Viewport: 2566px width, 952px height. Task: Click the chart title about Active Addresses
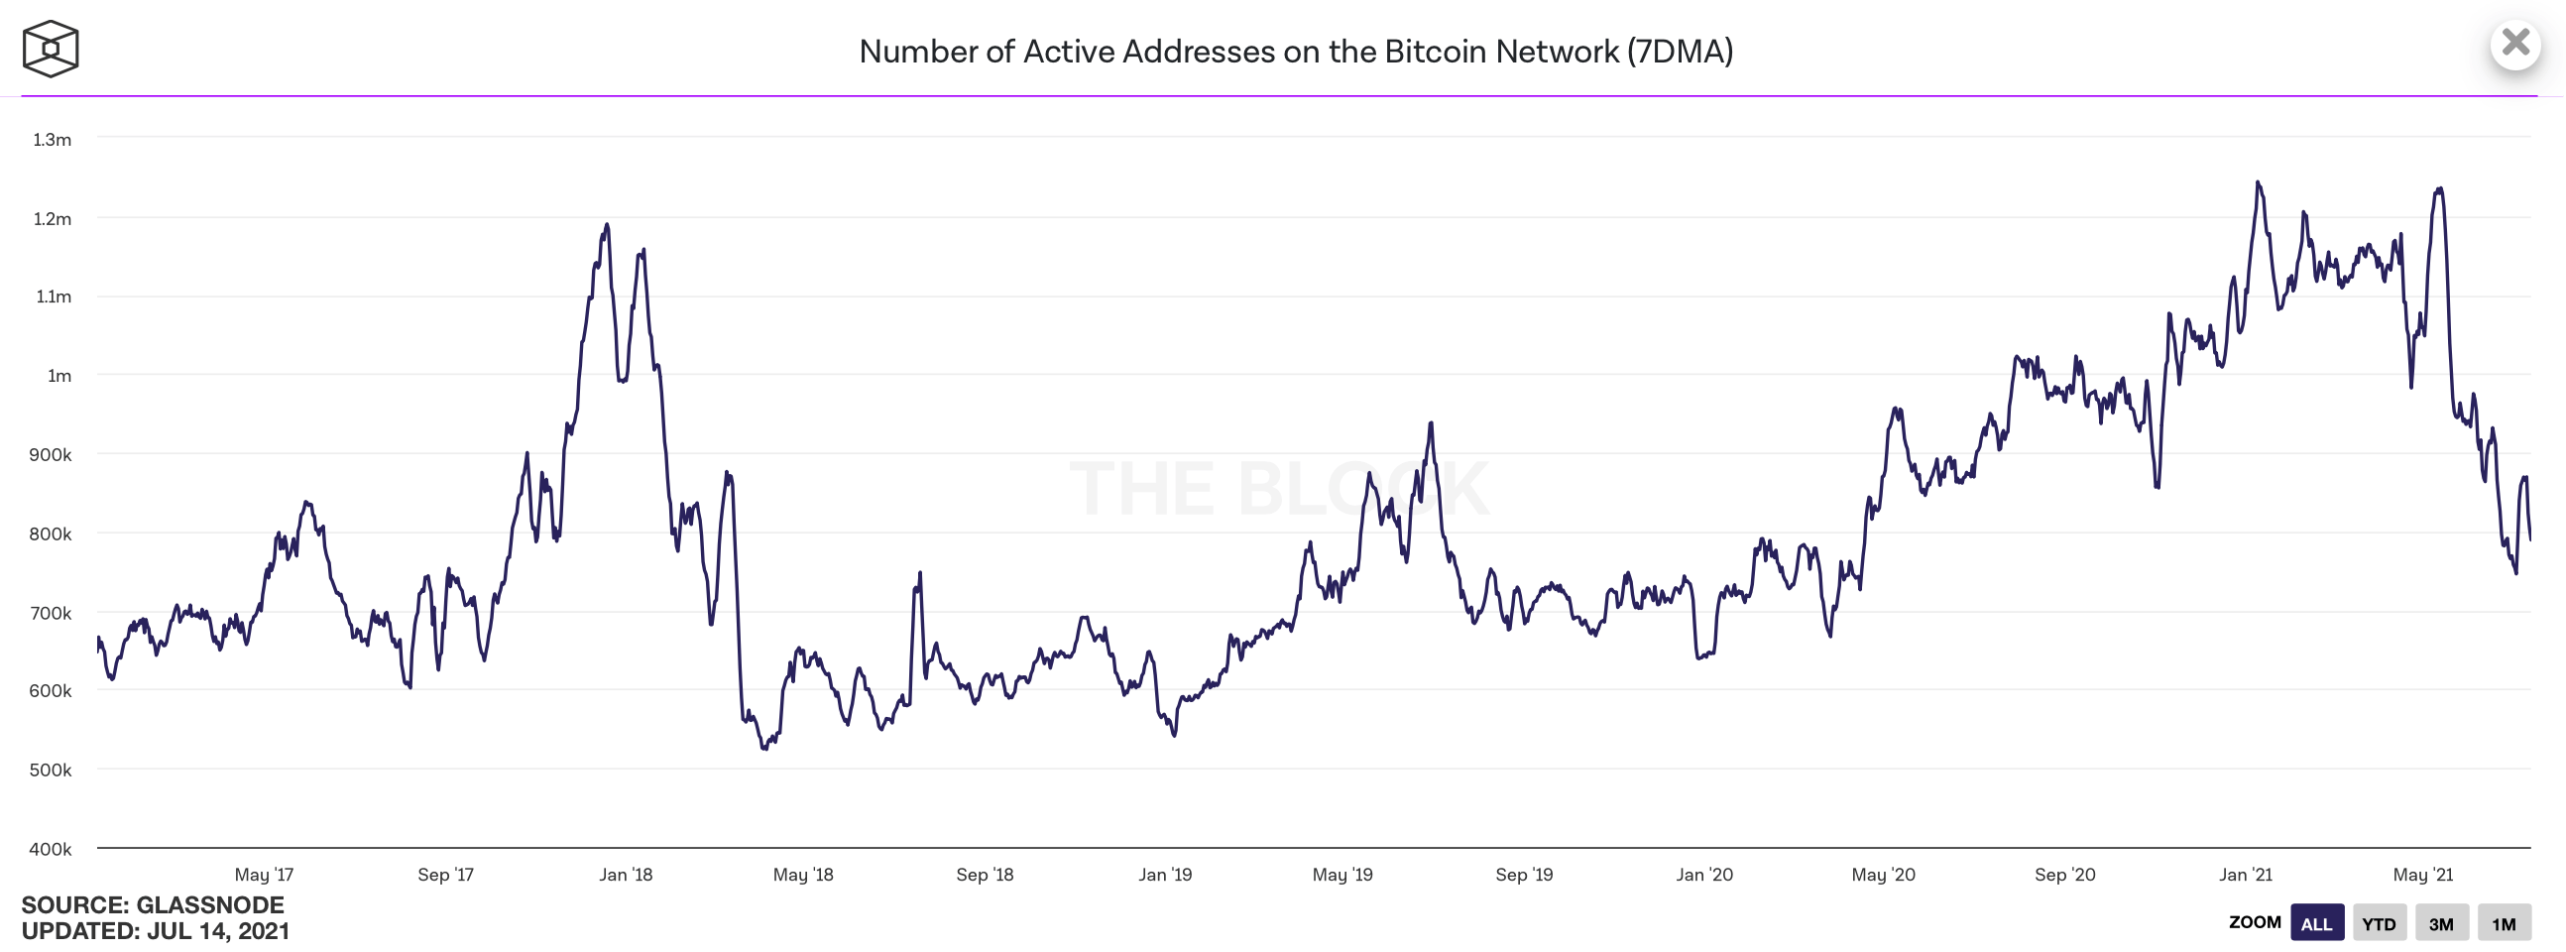[1295, 52]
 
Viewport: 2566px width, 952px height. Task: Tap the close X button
[2515, 43]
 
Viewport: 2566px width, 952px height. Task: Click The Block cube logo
[50, 49]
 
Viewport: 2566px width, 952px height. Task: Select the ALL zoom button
[2316, 923]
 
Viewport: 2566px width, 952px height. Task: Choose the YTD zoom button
[2379, 923]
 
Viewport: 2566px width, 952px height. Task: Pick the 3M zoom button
[2440, 923]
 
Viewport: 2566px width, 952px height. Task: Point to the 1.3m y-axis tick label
[52, 140]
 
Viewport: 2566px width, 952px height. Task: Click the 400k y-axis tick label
[50, 849]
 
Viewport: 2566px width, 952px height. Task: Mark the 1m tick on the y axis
[58, 376]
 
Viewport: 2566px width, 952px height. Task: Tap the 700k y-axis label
[50, 613]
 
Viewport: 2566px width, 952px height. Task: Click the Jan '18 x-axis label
[626, 875]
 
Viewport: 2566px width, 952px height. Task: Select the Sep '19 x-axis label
[1524, 875]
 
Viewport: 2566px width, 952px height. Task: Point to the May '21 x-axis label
[2422, 875]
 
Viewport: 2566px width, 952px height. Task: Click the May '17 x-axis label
[264, 875]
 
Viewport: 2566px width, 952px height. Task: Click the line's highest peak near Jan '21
[2258, 182]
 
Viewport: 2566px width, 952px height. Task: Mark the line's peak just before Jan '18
[607, 225]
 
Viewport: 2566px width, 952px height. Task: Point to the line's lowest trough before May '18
[764, 748]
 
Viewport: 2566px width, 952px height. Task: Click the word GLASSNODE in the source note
[210, 904]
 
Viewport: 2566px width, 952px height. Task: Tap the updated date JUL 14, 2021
[218, 931]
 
